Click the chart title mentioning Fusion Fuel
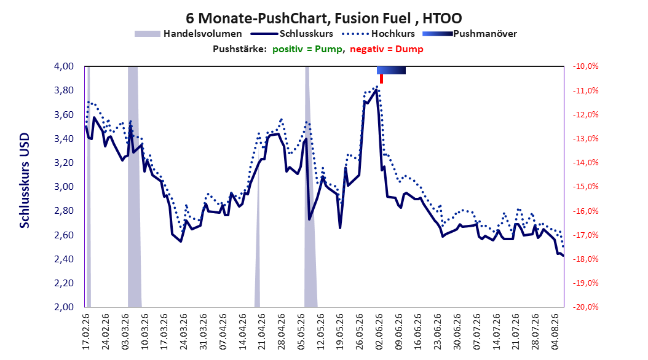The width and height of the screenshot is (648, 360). (x=323, y=18)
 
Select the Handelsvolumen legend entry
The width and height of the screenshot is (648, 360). (x=188, y=34)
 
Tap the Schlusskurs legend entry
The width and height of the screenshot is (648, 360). (x=291, y=34)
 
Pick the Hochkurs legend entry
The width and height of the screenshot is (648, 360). (x=377, y=34)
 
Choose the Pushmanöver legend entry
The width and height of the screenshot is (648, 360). (x=470, y=34)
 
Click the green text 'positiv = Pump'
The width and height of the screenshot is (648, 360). (x=307, y=49)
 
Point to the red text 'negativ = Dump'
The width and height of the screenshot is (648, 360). (x=387, y=49)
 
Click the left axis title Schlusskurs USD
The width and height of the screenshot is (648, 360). (x=25, y=181)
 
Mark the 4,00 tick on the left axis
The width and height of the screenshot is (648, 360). (x=64, y=66)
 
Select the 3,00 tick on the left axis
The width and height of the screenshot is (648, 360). (x=64, y=187)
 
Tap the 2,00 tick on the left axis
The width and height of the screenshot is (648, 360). (x=64, y=307)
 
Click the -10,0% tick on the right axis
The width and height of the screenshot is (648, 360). (x=585, y=66)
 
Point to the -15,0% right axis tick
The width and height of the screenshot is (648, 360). (x=585, y=187)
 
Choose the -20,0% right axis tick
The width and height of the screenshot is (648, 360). (x=585, y=307)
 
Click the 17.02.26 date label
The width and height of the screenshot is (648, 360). (x=86, y=332)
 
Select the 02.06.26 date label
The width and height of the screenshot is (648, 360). (x=379, y=332)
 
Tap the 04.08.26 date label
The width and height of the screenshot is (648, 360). (x=555, y=332)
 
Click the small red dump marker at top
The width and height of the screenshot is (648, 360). (x=381, y=79)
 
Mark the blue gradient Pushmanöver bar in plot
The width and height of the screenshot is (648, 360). (x=391, y=70)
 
